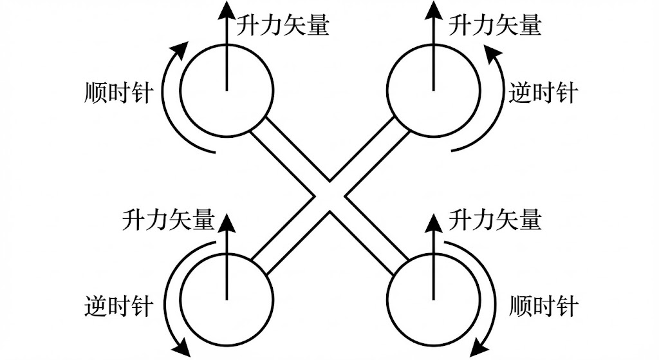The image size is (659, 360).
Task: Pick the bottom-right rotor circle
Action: tap(433, 299)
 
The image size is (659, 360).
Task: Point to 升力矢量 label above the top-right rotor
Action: tap(495, 25)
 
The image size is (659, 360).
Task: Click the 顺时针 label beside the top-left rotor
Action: tap(118, 93)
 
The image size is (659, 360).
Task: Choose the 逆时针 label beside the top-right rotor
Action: tap(542, 93)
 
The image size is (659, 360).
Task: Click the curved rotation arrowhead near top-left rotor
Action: tap(182, 49)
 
